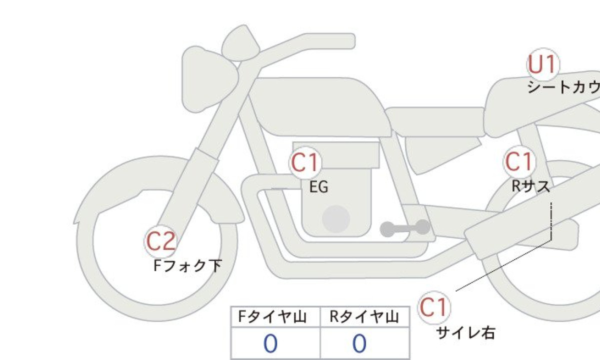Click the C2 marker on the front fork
coord(160,241)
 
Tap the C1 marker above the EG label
coord(305,162)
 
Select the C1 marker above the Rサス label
coord(519,161)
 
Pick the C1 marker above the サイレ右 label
coord(434,308)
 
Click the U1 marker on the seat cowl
coord(543,64)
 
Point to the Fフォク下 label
coord(188,265)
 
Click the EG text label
coord(318,187)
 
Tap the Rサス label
coord(530,186)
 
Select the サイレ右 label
coord(466,333)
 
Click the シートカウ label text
coord(564,87)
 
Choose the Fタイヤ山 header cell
coord(275,317)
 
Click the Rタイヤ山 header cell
coord(365,317)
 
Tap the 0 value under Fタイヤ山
coord(270,343)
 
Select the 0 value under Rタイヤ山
coord(359,343)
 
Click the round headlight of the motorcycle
coord(209,79)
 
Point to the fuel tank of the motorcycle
coord(320,106)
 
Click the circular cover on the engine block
coord(336,219)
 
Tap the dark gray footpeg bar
coord(405,228)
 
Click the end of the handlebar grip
coord(353,41)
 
